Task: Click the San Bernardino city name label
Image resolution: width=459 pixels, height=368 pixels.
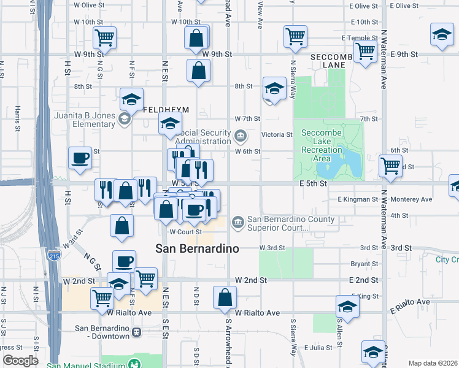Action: [197, 248]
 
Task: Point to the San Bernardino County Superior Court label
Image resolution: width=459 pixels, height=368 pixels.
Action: [291, 224]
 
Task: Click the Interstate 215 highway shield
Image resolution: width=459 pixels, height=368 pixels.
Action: [54, 255]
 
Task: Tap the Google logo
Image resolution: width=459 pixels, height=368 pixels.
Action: [21, 361]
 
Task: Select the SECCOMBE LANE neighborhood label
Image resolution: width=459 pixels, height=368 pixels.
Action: [333, 60]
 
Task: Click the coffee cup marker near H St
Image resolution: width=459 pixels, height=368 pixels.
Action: [80, 158]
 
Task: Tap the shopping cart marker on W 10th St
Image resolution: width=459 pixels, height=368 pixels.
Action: [104, 37]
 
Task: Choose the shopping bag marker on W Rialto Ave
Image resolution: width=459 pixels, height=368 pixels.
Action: [225, 297]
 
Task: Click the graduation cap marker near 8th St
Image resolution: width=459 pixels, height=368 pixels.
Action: [274, 88]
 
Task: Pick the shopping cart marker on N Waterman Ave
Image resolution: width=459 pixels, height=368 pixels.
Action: [390, 164]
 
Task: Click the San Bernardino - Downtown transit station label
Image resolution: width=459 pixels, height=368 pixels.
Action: [102, 331]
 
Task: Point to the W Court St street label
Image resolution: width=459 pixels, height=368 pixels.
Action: [185, 232]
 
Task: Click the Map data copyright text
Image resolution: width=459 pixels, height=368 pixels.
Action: [433, 363]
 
